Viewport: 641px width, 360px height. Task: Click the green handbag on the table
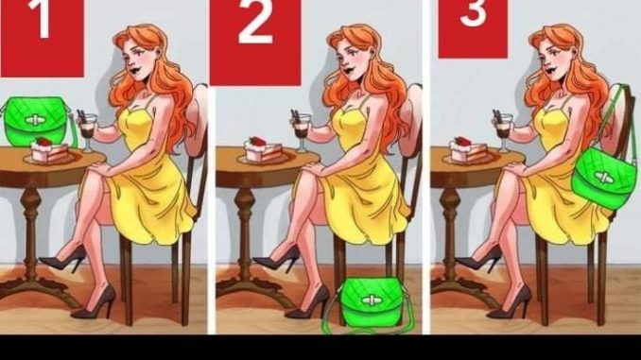pos(36,121)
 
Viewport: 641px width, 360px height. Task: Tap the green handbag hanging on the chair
pos(604,177)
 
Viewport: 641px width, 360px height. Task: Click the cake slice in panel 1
pos(49,150)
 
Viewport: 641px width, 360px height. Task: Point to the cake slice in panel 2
pos(263,150)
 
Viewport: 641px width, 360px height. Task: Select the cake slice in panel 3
pos(469,150)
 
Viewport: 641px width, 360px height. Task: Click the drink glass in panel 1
pos(88,131)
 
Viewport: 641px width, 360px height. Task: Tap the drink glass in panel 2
pos(302,131)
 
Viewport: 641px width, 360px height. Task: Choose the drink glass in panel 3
pos(503,131)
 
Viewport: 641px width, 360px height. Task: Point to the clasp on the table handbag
pos(35,120)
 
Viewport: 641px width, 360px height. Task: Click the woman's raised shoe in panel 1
pos(63,259)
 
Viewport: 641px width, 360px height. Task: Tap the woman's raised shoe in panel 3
pos(478,259)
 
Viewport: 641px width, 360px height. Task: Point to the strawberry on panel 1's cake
pos(43,142)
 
